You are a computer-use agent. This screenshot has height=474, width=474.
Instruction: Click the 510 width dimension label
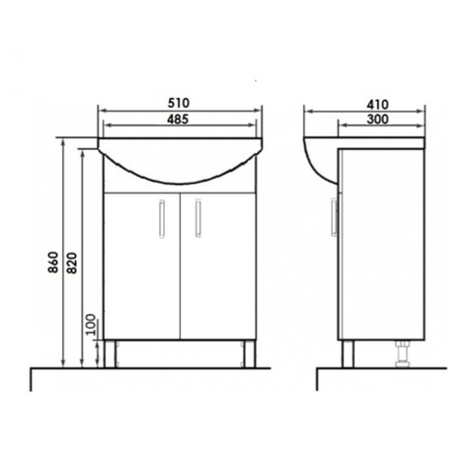(179, 103)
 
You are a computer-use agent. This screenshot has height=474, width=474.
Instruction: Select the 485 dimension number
(178, 118)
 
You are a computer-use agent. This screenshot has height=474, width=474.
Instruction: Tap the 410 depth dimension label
(377, 105)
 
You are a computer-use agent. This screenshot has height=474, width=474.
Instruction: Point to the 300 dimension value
(377, 119)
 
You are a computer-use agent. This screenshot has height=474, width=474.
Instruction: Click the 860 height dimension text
(53, 262)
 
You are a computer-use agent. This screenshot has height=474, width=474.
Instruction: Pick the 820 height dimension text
(72, 263)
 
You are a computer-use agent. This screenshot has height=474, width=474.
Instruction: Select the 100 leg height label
(91, 325)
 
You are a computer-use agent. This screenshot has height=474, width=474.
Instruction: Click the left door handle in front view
(162, 218)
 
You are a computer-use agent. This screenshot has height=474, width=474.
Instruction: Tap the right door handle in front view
(197, 217)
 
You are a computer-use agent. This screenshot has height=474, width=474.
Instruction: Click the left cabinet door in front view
(142, 266)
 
